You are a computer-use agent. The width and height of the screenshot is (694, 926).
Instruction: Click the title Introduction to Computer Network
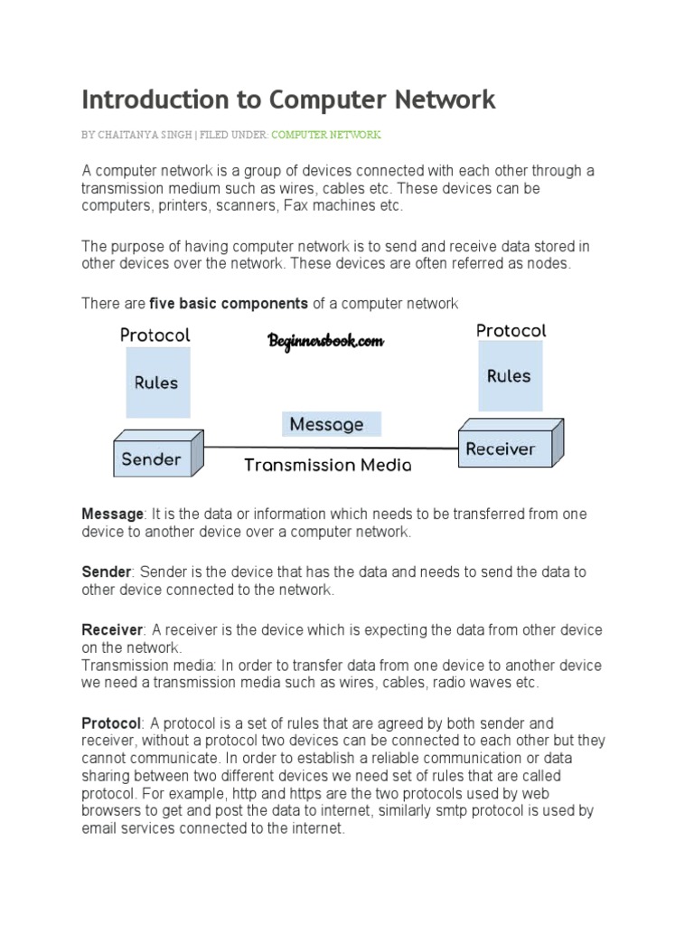coord(288,99)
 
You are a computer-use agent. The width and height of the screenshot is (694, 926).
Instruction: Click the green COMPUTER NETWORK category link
coord(326,135)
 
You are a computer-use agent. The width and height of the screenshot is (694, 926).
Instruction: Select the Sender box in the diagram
coord(152,459)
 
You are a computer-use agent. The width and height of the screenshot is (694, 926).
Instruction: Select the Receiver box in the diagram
coord(500,449)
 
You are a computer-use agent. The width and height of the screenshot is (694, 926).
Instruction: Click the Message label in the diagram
coord(327,424)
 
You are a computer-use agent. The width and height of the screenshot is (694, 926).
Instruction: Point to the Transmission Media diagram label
coord(327,466)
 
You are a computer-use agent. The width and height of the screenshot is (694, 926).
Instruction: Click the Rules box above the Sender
coord(156,383)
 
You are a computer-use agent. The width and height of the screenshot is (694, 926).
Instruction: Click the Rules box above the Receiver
coord(509,376)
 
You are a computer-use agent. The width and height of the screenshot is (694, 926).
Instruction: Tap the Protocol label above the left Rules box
coord(155,335)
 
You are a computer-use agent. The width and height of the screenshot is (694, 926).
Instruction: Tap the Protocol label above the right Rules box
coord(511,331)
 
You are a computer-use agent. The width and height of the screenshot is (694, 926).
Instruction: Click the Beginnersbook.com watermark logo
coord(325,341)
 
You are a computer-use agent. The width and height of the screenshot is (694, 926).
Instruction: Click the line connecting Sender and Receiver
coord(330,447)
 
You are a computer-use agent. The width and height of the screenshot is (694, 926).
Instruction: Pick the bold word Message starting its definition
coord(112,515)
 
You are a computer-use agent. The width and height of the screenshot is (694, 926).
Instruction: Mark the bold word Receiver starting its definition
coord(113,630)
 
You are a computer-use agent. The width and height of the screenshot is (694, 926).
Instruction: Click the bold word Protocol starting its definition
coord(111,724)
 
